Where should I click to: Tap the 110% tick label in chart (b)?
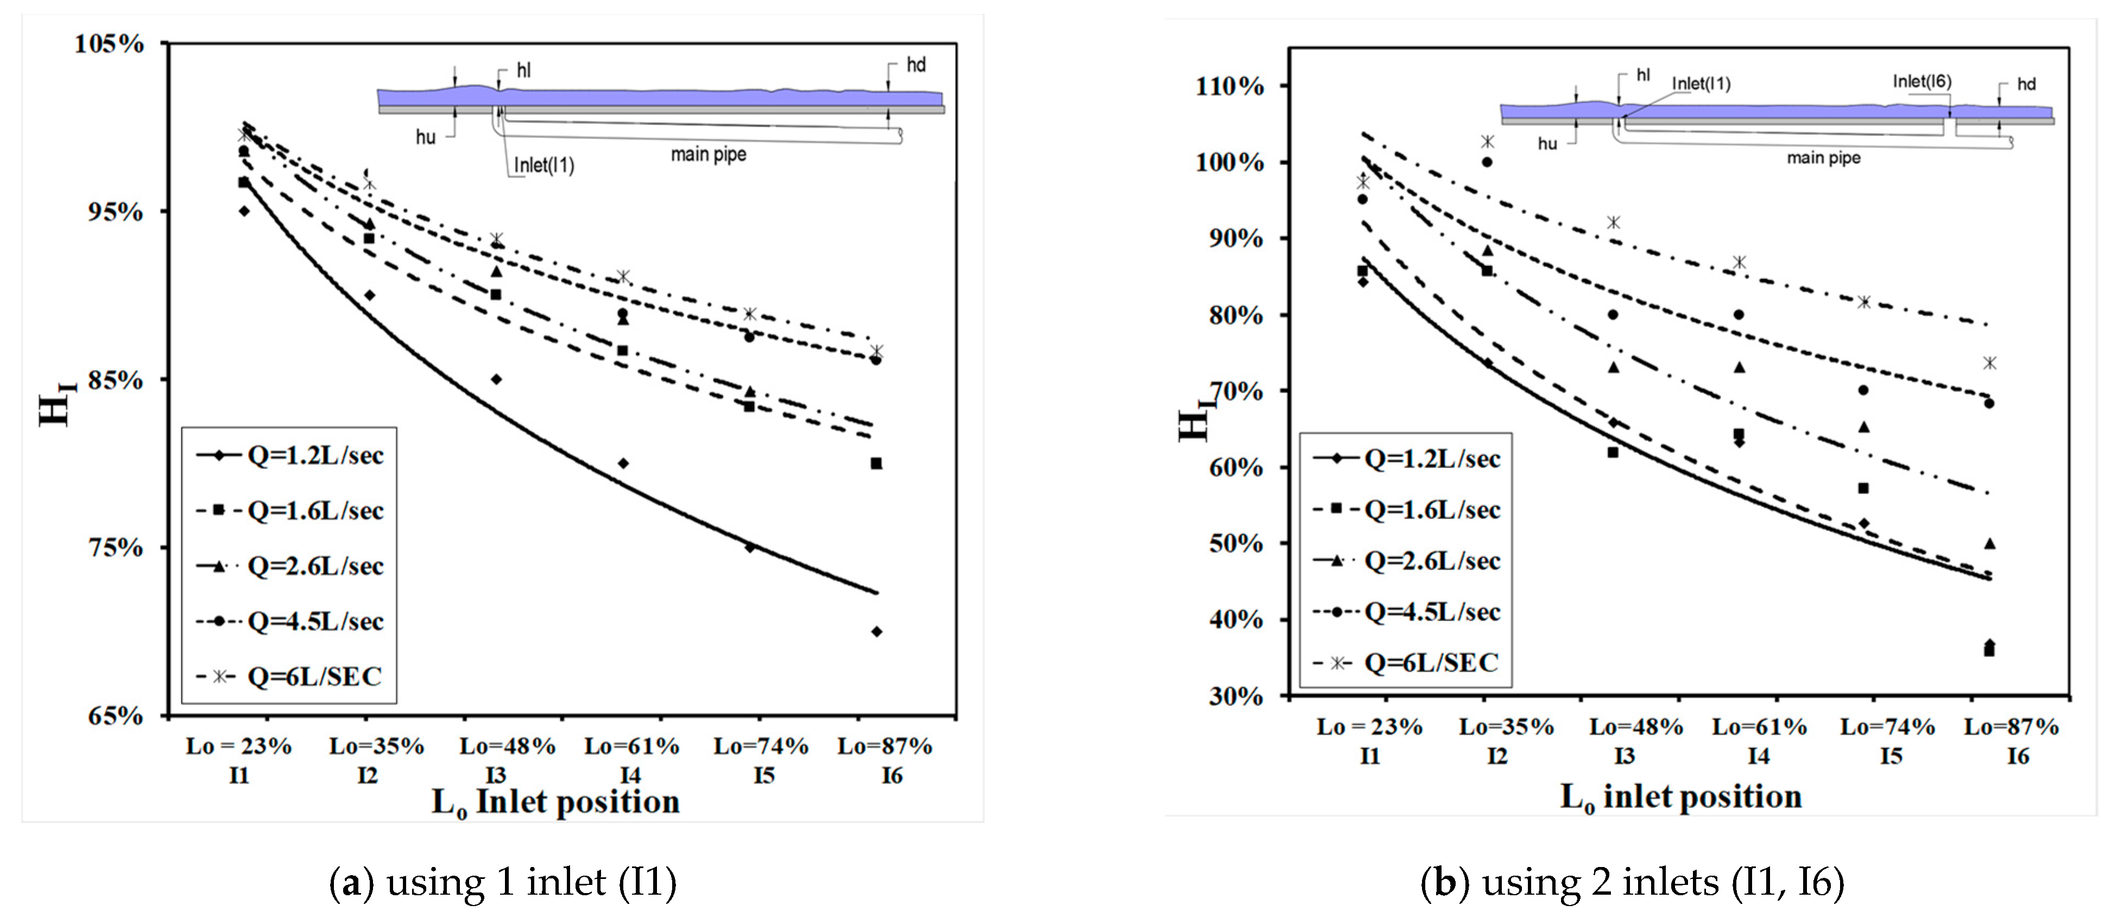[x=1229, y=86]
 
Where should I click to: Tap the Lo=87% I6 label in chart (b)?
[x=2011, y=740]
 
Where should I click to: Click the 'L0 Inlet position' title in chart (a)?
[x=555, y=802]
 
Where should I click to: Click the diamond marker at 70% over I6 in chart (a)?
[x=876, y=631]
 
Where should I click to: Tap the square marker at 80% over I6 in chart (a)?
[x=876, y=464]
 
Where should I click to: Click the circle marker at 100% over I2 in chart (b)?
[x=1487, y=162]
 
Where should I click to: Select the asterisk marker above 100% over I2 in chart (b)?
[x=1487, y=142]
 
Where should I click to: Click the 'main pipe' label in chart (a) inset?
[x=708, y=154]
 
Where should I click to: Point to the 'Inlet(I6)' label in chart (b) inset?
[x=1922, y=81]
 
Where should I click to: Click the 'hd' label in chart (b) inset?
[x=2026, y=84]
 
